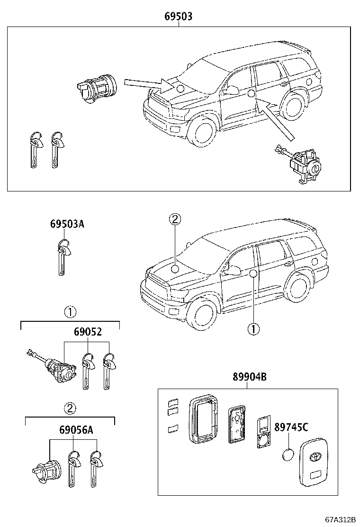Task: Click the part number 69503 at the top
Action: pyautogui.click(x=179, y=17)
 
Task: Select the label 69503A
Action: pyautogui.click(x=67, y=224)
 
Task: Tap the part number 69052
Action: pyautogui.click(x=87, y=332)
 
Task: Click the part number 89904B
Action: pyautogui.click(x=249, y=377)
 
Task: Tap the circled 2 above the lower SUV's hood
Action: pyautogui.click(x=175, y=219)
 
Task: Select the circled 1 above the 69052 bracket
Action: pyautogui.click(x=70, y=312)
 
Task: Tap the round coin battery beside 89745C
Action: pyautogui.click(x=288, y=454)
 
